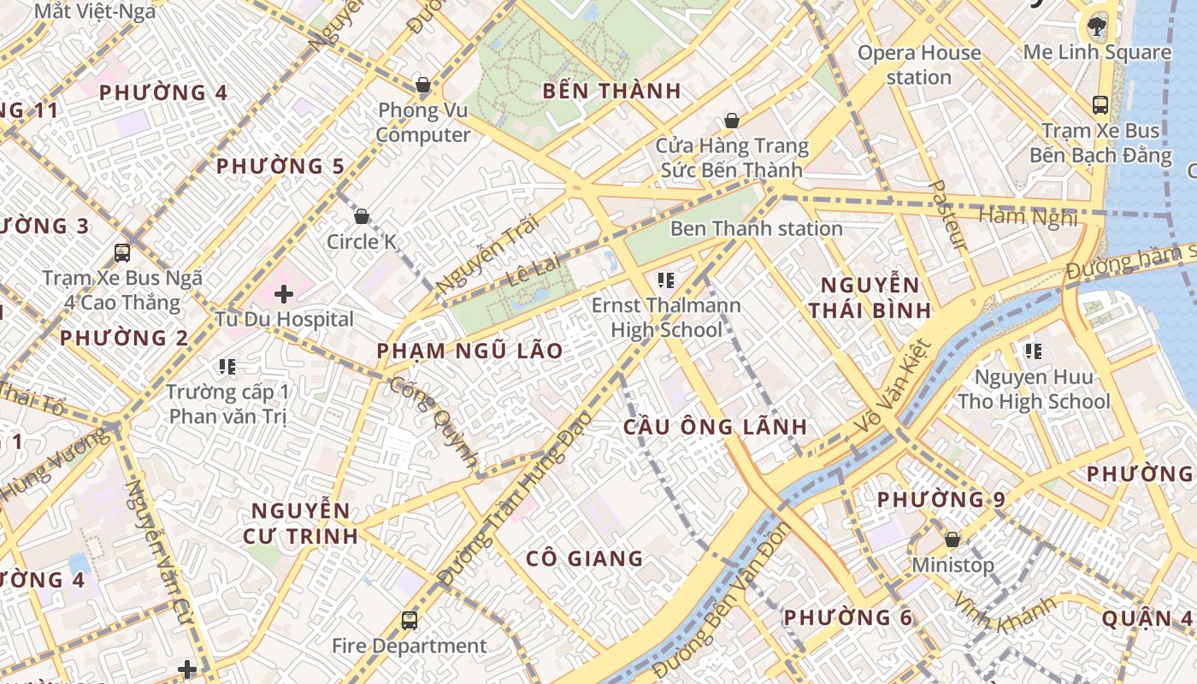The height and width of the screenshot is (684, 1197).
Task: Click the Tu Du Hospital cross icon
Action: coord(284,295)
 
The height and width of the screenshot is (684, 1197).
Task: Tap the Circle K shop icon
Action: coord(362,216)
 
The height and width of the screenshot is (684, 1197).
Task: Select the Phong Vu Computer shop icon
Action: coord(422,85)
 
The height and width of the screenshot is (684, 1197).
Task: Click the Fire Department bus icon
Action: coord(410,620)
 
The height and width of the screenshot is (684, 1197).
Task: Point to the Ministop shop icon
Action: coord(952,540)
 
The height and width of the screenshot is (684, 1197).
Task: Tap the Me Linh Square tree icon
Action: coord(1097,27)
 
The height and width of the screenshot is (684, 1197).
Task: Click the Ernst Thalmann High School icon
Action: coord(666,280)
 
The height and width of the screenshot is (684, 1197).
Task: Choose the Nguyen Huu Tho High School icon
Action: coord(1034,351)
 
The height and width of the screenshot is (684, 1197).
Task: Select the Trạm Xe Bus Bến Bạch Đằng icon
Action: coord(1100,105)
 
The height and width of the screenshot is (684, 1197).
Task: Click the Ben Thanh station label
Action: coord(757,229)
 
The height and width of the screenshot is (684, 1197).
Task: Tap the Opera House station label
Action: coord(919,65)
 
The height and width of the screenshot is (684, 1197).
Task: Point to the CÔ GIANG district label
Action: coord(585,559)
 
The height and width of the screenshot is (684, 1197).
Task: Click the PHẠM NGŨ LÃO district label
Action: coord(470,351)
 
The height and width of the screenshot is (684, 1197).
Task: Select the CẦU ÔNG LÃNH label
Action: coord(715,427)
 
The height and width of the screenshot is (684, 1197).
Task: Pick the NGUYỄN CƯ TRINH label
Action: coord(300,523)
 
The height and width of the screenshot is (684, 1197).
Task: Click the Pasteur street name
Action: coord(948,215)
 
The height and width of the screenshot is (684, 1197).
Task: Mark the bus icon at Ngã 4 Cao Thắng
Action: coord(122,253)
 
